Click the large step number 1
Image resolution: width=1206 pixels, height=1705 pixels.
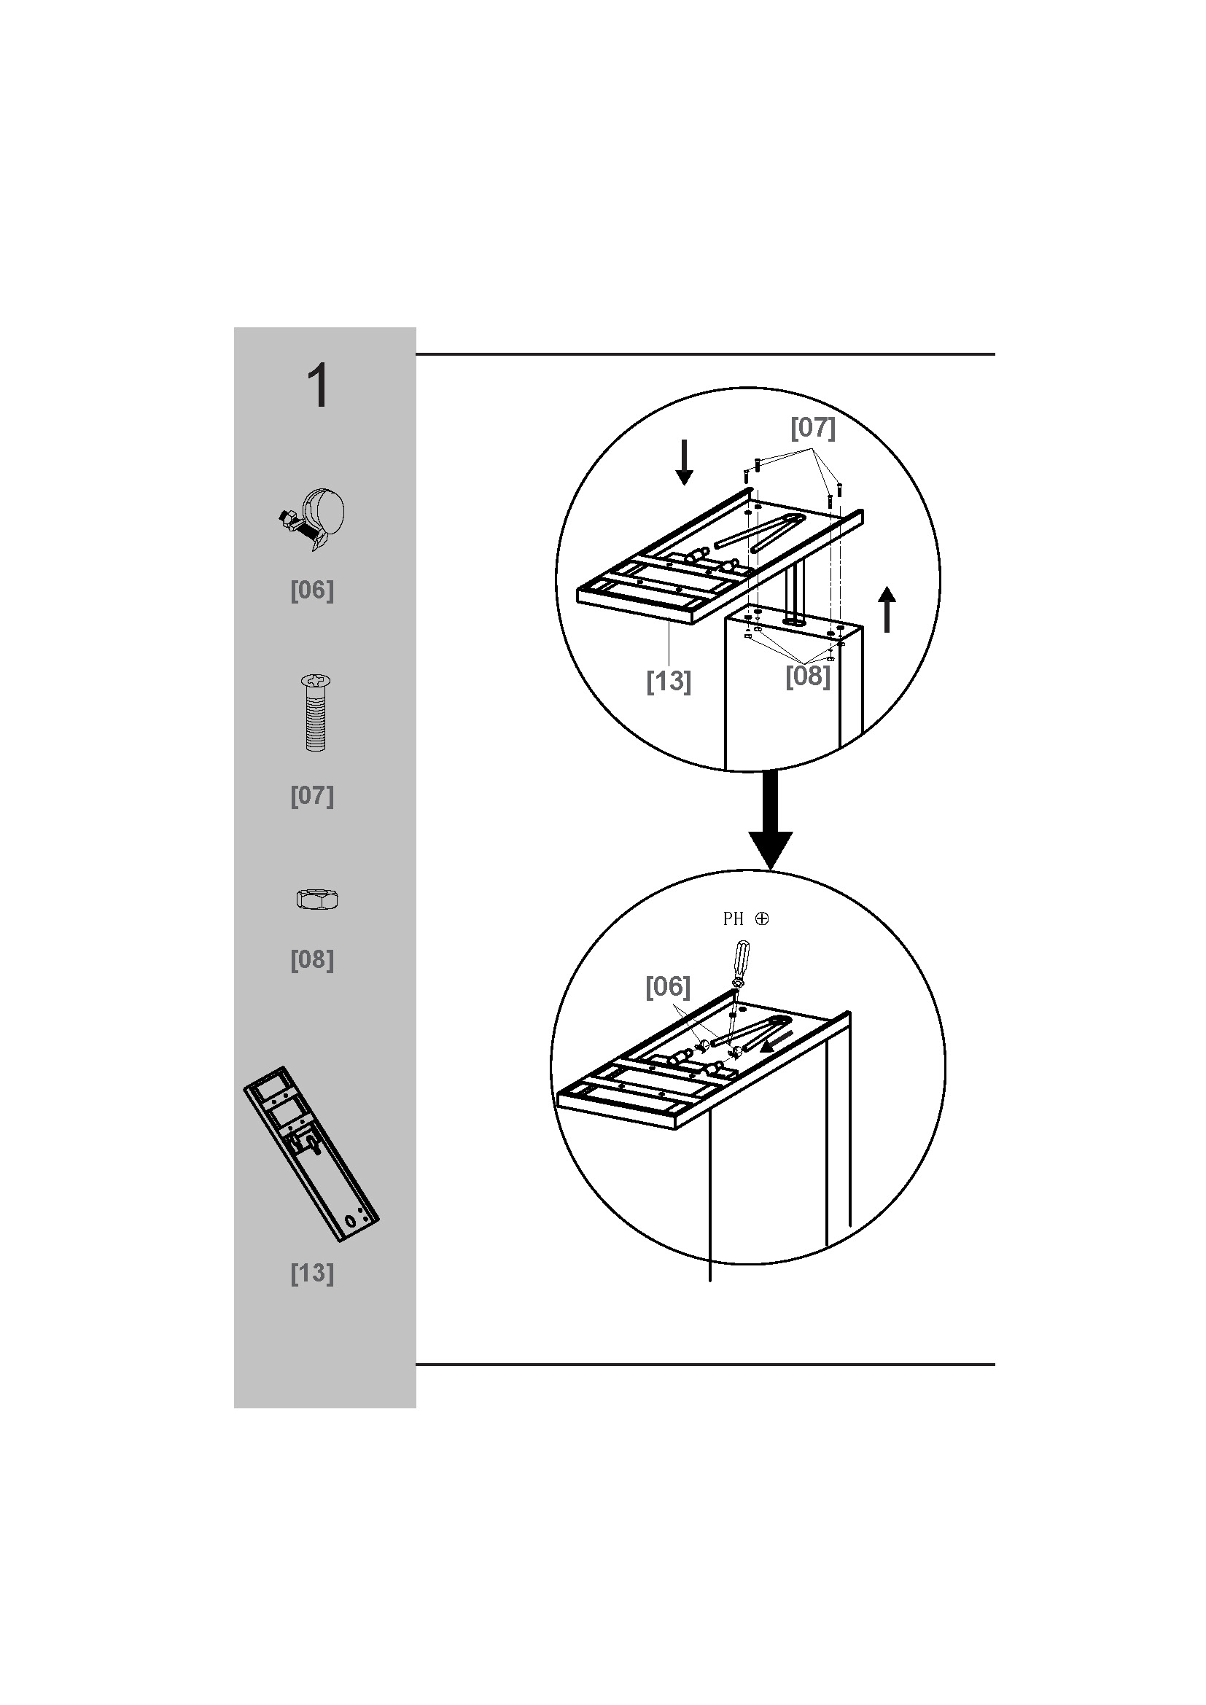[x=319, y=386]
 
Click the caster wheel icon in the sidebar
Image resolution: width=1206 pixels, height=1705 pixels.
[x=313, y=519]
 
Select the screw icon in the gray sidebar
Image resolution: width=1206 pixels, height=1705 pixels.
[x=316, y=713]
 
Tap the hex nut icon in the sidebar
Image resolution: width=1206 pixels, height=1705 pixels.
[x=317, y=900]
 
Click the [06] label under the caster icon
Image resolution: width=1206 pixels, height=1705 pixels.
[x=312, y=590]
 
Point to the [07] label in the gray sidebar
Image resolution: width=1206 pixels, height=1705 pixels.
[x=312, y=796]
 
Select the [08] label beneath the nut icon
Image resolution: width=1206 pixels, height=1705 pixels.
[x=312, y=960]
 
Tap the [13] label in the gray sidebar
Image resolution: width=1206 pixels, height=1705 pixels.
[x=312, y=1273]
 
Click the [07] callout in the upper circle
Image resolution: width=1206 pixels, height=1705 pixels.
[x=812, y=428]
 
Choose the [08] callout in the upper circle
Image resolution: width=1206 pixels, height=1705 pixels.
[x=808, y=676]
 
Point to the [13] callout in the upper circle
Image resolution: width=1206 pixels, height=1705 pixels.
[x=669, y=681]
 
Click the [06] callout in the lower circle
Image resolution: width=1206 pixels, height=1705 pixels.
[x=668, y=986]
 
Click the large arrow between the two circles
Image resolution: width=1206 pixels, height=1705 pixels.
[x=770, y=820]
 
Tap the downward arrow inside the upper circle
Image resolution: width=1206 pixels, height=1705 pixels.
[x=684, y=462]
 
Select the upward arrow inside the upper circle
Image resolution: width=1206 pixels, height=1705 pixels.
[x=887, y=609]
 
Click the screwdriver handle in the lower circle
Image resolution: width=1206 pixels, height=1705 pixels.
[x=741, y=959]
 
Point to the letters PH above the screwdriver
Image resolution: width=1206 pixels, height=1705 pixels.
[x=733, y=919]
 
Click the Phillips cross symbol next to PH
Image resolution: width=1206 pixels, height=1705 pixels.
[x=762, y=918]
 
